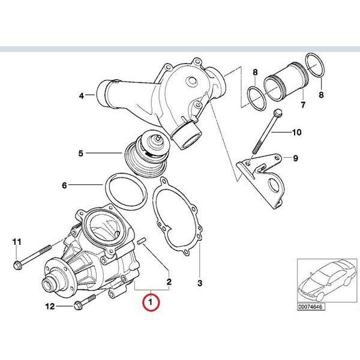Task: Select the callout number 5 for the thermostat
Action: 80,154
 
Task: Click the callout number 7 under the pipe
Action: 303,106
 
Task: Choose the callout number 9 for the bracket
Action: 295,159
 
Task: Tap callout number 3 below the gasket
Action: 200,281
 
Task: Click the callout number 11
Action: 17,242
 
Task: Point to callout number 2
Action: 170,281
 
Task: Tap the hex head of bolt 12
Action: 78,307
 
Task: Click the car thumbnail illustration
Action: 327,281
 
